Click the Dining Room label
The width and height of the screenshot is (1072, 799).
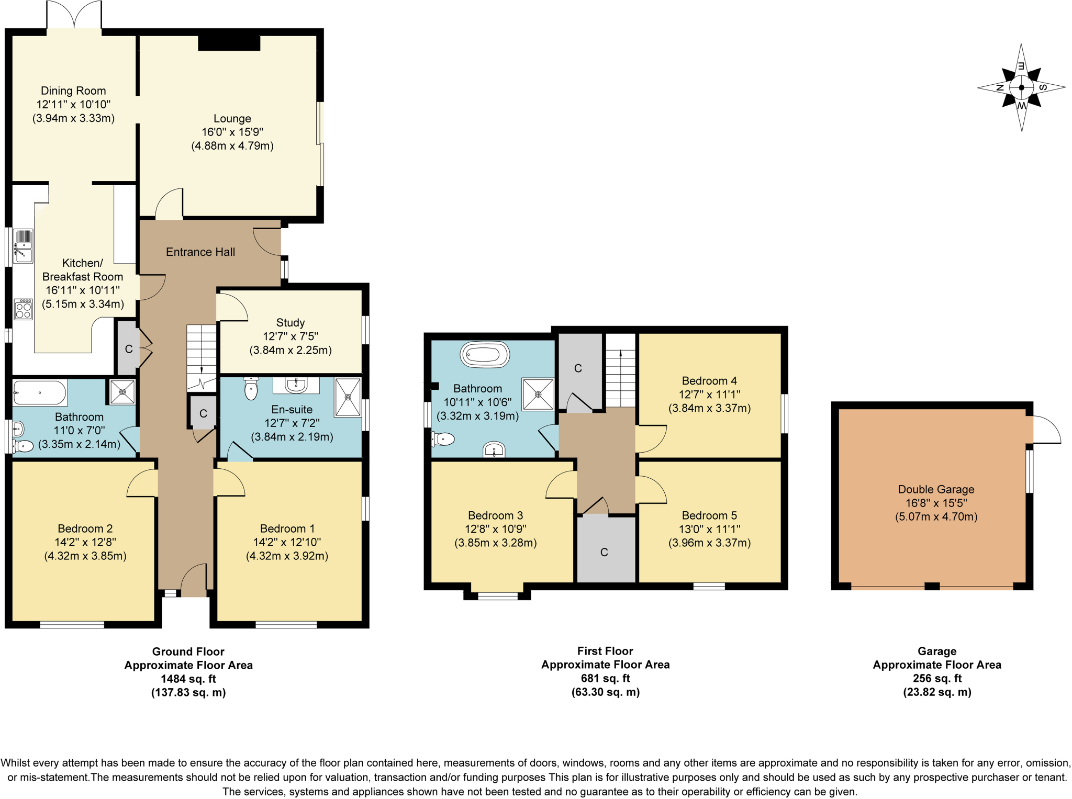[73, 91]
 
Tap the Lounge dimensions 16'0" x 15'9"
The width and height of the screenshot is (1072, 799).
[232, 132]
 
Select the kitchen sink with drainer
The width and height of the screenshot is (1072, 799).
[23, 245]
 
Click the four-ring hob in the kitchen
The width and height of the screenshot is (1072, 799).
[24, 309]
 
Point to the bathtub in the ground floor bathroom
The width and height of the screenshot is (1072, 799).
[40, 392]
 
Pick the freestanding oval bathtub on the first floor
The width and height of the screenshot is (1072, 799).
[485, 355]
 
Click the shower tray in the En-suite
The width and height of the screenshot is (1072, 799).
[348, 397]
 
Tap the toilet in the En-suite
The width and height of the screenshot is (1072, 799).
[251, 388]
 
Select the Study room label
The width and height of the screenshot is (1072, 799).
[290, 322]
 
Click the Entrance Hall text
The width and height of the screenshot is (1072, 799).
[200, 252]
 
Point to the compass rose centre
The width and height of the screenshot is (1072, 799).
[1021, 87]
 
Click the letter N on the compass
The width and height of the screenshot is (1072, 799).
[999, 87]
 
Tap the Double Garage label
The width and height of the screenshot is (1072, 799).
[936, 489]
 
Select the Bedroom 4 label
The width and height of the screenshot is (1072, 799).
[709, 380]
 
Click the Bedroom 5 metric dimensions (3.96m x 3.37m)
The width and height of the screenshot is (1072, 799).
[709, 543]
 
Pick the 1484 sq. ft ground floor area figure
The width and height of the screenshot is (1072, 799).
[188, 679]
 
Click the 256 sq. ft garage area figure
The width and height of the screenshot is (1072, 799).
[937, 678]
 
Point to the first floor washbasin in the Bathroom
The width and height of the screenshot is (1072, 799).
[494, 449]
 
